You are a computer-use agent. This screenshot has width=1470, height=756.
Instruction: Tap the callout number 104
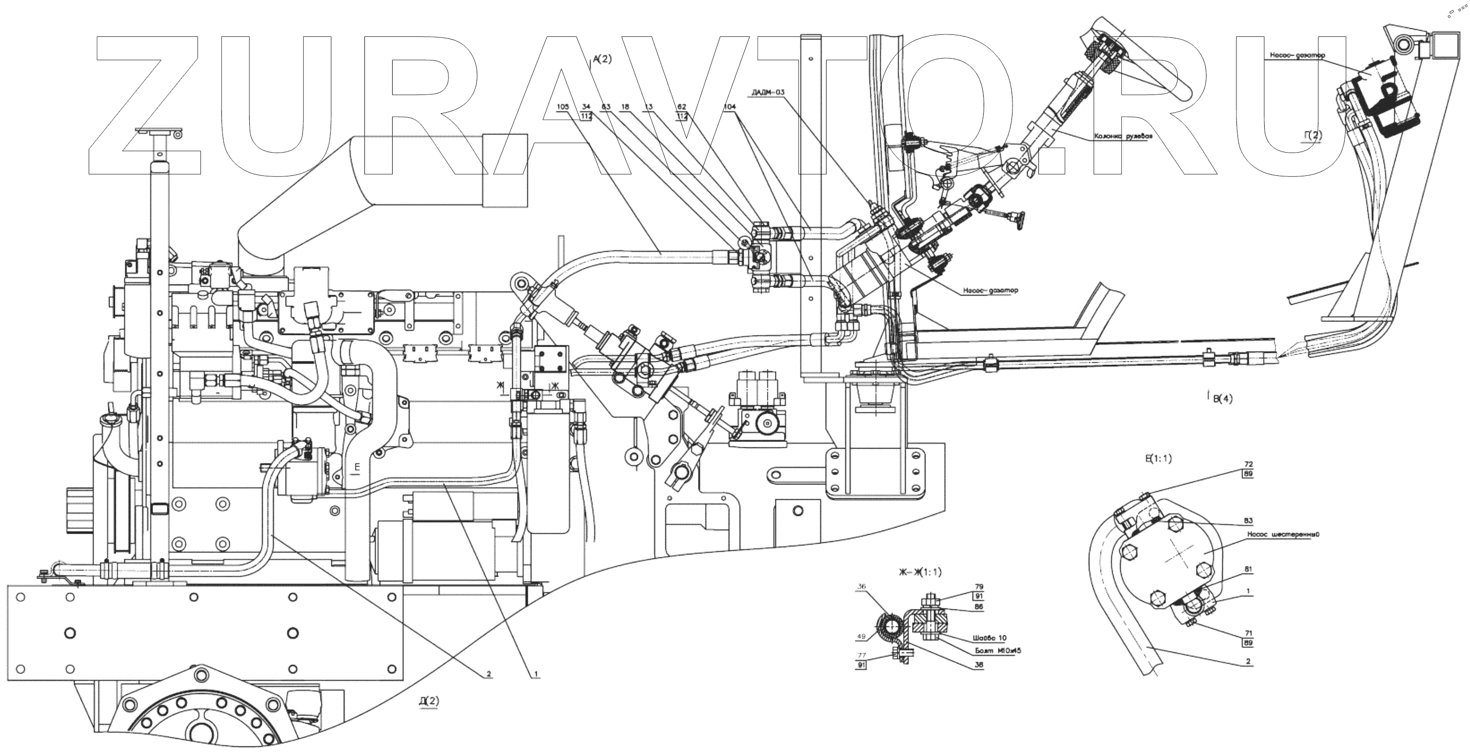pos(729,107)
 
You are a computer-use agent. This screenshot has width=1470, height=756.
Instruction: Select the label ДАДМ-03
pos(768,92)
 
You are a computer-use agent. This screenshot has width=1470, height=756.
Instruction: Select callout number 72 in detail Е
pos(1249,464)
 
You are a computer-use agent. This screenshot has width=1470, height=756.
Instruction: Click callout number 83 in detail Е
pos(1249,521)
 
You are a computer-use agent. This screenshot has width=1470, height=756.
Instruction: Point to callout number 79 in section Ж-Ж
pos(979,587)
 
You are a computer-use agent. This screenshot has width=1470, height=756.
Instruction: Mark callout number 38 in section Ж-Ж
pos(979,664)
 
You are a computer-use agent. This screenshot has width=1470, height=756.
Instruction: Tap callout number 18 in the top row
pos(625,107)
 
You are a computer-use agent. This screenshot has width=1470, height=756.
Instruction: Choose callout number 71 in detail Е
pos(1248,634)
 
